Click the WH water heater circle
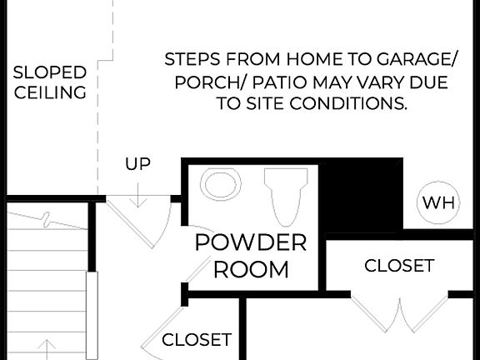438,202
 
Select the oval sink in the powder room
221,184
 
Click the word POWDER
250,242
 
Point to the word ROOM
250,269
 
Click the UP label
137,164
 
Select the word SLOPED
50,72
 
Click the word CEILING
50,92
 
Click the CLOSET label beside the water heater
399,266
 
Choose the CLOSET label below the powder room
197,339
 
